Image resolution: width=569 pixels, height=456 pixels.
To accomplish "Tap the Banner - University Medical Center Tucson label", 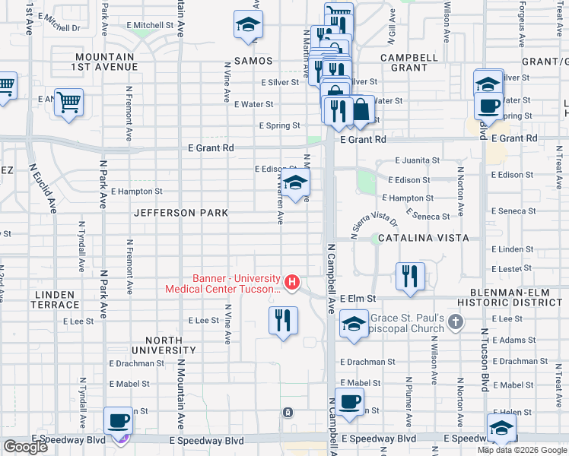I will coord(223,283).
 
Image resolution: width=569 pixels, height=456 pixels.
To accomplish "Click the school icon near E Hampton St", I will coord(296,182).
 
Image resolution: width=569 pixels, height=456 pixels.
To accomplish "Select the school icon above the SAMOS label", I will coord(247,25).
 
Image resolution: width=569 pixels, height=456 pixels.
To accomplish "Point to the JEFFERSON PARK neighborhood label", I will coord(180,214).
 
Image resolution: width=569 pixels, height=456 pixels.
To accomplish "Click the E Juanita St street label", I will coord(417,160).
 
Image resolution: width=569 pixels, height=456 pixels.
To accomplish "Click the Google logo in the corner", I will coord(25,447).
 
